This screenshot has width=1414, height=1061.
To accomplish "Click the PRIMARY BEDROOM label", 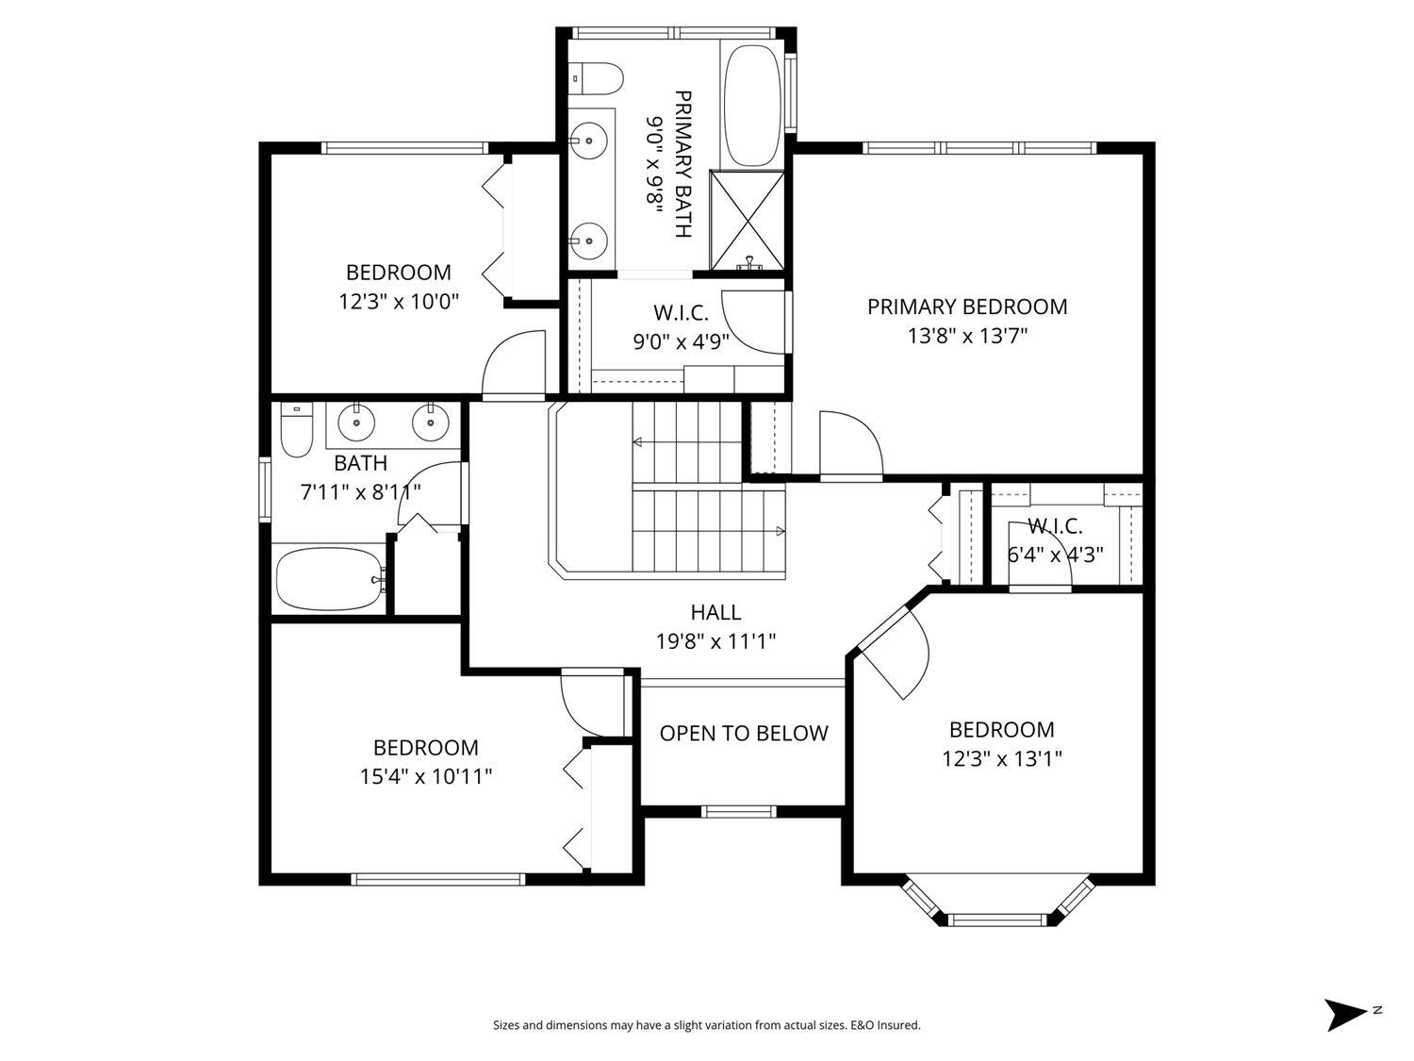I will [x=967, y=307].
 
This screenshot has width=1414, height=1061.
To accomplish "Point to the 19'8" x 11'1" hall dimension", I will [x=715, y=642].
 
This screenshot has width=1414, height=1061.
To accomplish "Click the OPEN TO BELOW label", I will [x=744, y=734].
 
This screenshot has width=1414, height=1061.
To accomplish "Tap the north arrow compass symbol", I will [x=1345, y=1014].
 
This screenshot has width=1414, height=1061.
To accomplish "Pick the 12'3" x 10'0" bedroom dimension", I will [x=399, y=302].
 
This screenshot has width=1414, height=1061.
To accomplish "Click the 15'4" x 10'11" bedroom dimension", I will [x=426, y=777].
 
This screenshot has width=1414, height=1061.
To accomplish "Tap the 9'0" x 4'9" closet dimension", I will [x=681, y=341].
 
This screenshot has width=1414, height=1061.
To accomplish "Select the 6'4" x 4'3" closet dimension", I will [x=1055, y=555].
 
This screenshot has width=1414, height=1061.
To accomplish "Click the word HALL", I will [x=715, y=613].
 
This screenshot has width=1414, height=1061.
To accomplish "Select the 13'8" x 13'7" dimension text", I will [x=967, y=336].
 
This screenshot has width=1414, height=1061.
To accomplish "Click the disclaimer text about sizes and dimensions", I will [x=706, y=1025].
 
